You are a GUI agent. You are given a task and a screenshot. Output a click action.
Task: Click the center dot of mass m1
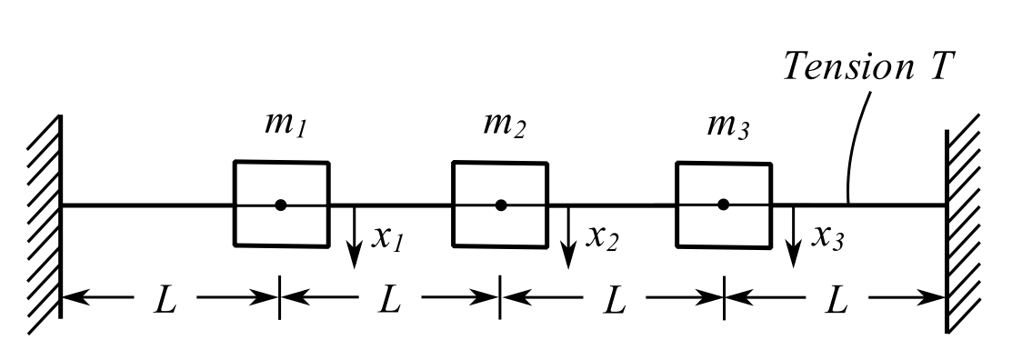[281, 205]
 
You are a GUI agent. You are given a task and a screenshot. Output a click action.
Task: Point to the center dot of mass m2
[501, 205]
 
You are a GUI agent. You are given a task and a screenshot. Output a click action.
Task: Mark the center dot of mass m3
[723, 205]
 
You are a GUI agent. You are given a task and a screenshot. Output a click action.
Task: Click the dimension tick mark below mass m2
[499, 299]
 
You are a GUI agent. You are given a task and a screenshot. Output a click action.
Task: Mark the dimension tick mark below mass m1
[280, 299]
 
